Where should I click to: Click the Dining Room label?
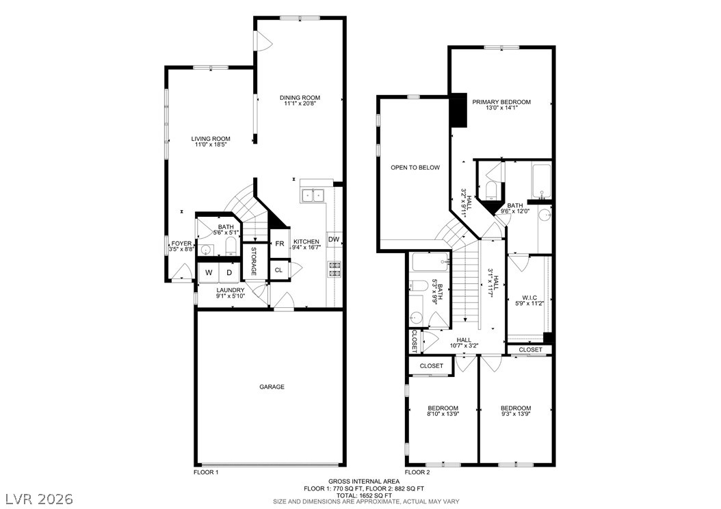(300, 97)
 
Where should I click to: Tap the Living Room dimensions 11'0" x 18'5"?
(211, 145)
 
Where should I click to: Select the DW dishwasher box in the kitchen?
(334, 239)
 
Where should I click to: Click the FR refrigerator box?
(279, 244)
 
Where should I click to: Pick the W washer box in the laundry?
(209, 272)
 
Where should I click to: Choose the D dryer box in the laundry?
(229, 272)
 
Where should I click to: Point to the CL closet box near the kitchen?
(278, 270)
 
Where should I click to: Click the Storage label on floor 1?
(253, 261)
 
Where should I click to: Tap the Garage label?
(272, 387)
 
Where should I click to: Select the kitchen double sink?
(313, 196)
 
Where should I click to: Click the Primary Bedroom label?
(501, 102)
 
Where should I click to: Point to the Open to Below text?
(415, 168)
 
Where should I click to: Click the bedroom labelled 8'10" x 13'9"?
(443, 410)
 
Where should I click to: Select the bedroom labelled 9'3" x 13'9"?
(516, 410)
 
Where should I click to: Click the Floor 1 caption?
(206, 472)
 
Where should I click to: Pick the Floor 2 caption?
(417, 472)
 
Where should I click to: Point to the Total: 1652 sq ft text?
(364, 496)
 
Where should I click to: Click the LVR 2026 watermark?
(39, 499)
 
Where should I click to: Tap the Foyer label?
(181, 244)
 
